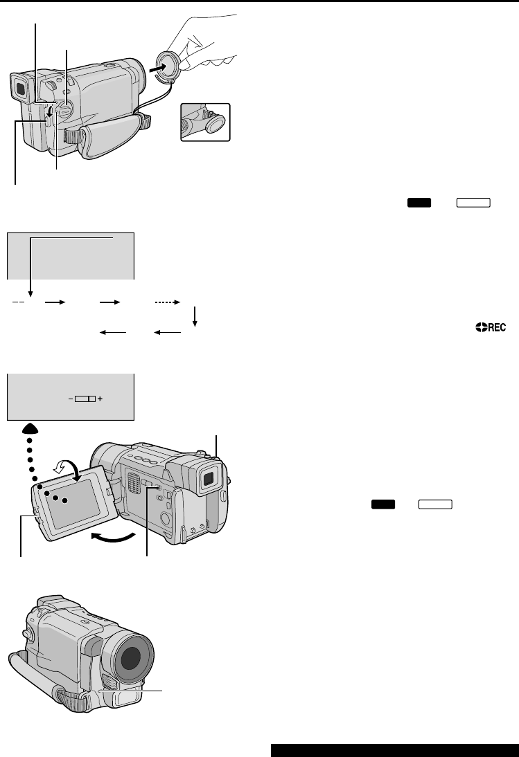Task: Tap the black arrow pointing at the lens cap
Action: point(152,70)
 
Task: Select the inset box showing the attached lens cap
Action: point(205,122)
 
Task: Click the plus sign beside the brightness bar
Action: point(100,399)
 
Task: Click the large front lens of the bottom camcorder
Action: point(129,659)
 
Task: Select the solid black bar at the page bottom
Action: point(394,750)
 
